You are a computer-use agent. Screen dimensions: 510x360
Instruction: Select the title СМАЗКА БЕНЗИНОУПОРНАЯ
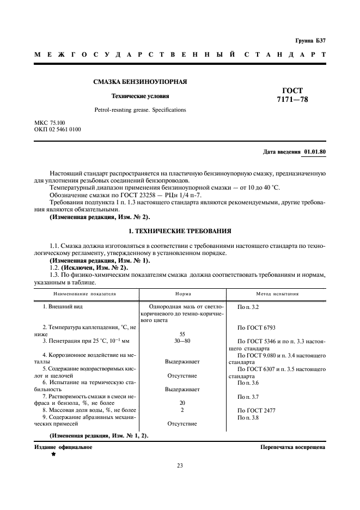coord(141,82)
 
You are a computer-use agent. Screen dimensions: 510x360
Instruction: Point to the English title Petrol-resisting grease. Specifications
coord(140,110)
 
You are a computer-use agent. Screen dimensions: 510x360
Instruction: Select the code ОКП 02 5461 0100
coord(58,130)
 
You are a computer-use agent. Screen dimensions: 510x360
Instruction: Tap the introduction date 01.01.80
coord(315,152)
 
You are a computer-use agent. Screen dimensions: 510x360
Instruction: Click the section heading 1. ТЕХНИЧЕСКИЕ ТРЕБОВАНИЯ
coord(180,231)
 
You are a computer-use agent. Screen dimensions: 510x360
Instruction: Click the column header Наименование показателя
coord(84,294)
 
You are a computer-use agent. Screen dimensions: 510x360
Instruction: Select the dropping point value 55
coord(182,334)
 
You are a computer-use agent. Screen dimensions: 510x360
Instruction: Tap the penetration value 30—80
coord(182,341)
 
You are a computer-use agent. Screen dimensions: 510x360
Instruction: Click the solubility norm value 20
coord(182,403)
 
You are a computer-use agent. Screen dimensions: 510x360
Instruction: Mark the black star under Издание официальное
coord(53,454)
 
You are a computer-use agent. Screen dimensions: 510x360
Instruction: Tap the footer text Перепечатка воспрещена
coord(293,447)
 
